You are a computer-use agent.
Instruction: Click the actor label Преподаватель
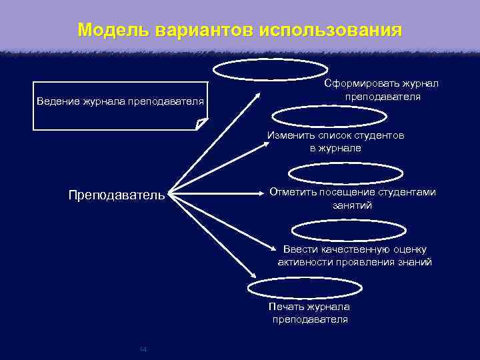pyautogui.click(x=116, y=195)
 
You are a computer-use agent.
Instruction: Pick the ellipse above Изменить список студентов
pyautogui.click(x=329, y=116)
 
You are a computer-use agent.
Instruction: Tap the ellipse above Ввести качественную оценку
pyautogui.click(x=349, y=230)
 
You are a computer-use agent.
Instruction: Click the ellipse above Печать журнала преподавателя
pyautogui.click(x=305, y=287)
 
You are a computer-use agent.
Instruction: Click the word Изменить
pyautogui.click(x=291, y=135)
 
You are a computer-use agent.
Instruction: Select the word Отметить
pyautogui.click(x=294, y=192)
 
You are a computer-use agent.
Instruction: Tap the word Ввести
pyautogui.click(x=298, y=249)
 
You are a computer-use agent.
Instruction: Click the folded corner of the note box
pyautogui.click(x=201, y=124)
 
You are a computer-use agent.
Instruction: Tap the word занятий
pyautogui.click(x=352, y=205)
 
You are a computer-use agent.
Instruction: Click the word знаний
pyautogui.click(x=415, y=262)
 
